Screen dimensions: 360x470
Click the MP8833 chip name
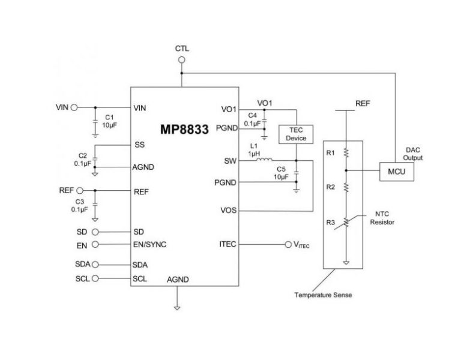pyautogui.click(x=184, y=130)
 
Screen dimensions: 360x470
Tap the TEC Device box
pyautogui.click(x=293, y=134)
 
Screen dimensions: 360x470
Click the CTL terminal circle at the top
pyautogui.click(x=182, y=60)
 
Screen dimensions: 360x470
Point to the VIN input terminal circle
pyautogui.click(x=74, y=108)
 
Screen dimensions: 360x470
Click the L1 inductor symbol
pyautogui.click(x=263, y=161)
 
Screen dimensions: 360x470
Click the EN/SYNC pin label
pyautogui.click(x=150, y=244)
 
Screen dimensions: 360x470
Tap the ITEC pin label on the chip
pyautogui.click(x=229, y=244)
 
